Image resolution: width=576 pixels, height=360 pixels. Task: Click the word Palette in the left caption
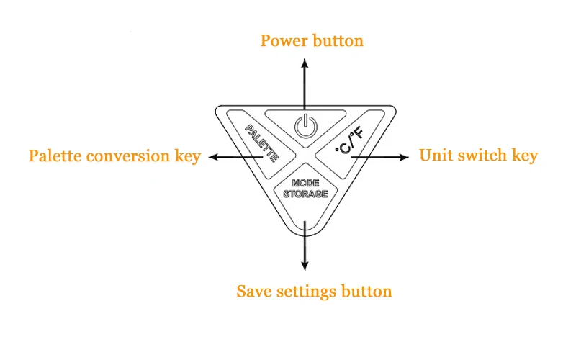53,156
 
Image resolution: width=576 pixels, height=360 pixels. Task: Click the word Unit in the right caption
434,156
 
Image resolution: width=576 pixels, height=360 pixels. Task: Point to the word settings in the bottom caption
307,292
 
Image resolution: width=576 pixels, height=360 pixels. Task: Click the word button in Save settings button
367,292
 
